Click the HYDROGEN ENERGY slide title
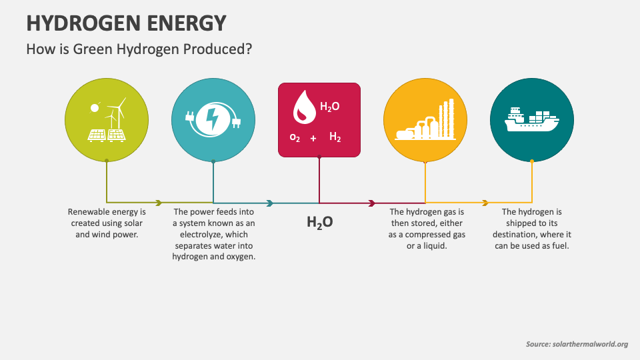click(x=126, y=23)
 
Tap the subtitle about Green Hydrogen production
click(x=139, y=49)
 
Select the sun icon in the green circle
click(x=95, y=107)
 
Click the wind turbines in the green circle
click(x=117, y=113)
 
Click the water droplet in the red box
click(x=304, y=109)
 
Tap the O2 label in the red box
click(x=295, y=138)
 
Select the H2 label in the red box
click(x=335, y=138)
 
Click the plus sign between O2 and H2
click(x=313, y=138)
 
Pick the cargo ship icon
click(x=531, y=119)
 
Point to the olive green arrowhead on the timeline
click(x=158, y=203)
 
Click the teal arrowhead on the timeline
click(x=269, y=203)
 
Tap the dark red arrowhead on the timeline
click(x=372, y=203)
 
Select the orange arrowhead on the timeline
click(x=485, y=203)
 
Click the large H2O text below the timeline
click(x=319, y=223)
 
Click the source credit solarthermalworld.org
click(x=577, y=344)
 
